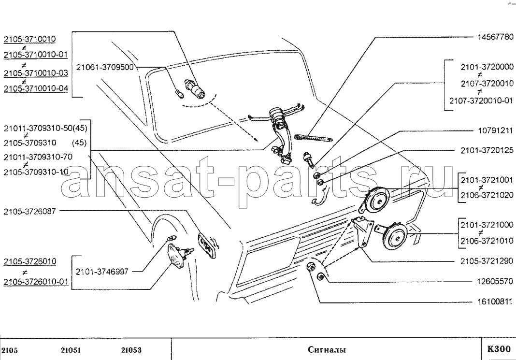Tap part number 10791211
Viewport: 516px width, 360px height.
tap(493, 131)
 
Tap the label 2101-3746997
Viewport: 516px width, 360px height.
tap(102, 272)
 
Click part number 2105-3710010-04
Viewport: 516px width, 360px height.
tap(36, 88)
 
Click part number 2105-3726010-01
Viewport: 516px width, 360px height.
tap(36, 281)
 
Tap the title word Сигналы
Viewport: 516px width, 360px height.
tap(326, 350)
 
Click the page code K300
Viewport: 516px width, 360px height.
tap(498, 349)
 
